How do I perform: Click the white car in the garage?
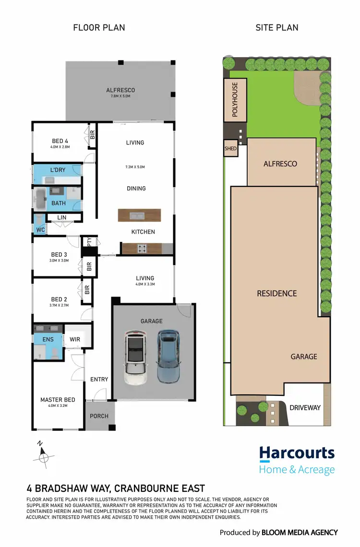tap(135, 357)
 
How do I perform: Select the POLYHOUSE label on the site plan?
tap(235, 99)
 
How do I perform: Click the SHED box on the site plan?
tap(231, 149)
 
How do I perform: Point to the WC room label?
tap(40, 230)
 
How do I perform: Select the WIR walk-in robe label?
tap(74, 339)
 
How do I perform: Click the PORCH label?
tap(99, 416)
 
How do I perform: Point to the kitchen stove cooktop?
tap(142, 248)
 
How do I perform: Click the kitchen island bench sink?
tap(140, 214)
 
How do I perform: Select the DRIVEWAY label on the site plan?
tap(305, 407)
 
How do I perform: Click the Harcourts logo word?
tap(297, 453)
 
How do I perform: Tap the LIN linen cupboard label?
tap(61, 218)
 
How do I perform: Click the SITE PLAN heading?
tap(277, 27)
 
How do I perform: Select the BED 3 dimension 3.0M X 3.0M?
tap(59, 261)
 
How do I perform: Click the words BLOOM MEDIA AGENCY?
tap(300, 533)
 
